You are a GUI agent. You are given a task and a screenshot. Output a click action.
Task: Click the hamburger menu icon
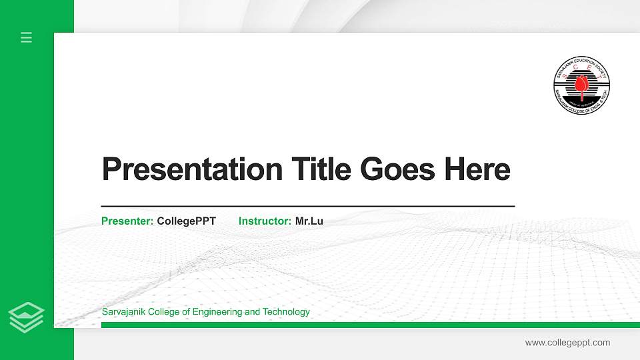click(27, 37)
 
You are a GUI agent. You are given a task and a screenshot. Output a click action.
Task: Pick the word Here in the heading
click(477, 169)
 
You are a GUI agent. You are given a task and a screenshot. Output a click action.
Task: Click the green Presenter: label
click(127, 221)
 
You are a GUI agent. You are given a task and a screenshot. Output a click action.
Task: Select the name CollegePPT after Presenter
click(186, 221)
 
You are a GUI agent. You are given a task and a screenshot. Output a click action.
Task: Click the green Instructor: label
click(265, 221)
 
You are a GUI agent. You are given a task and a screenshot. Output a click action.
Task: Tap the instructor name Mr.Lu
click(309, 221)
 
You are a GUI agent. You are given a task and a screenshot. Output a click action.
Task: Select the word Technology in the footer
click(286, 312)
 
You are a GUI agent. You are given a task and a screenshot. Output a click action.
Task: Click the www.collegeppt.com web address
click(567, 343)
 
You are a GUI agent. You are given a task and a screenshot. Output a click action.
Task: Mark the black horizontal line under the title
click(307, 207)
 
